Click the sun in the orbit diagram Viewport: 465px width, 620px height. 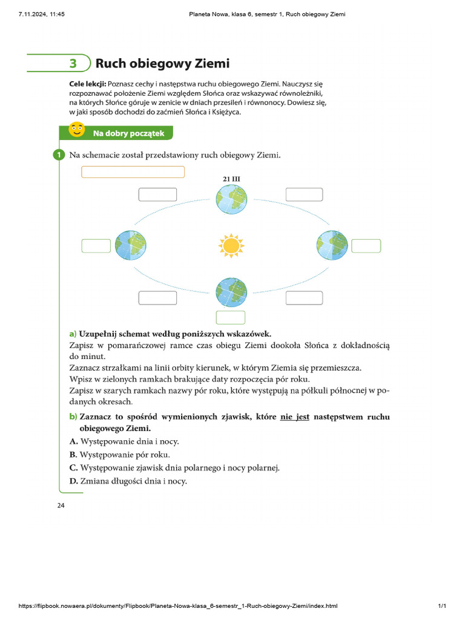(231, 245)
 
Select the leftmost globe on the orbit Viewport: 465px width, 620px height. (131, 245)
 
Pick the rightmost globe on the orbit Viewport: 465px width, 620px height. (332, 245)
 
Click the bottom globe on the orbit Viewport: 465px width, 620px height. (231, 292)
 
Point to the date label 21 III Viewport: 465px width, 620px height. (232, 179)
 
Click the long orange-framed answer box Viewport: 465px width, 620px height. (133, 172)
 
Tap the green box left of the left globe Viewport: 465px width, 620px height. (96, 246)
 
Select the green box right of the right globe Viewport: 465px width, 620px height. (366, 246)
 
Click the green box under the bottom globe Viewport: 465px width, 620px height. (231, 318)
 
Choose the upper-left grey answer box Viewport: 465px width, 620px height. (157, 194)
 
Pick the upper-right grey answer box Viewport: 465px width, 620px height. (305, 194)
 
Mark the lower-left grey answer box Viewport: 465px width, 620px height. (157, 298)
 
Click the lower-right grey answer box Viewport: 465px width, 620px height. (305, 298)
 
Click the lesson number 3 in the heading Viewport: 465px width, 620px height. (73, 64)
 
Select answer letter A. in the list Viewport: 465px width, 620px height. (74, 441)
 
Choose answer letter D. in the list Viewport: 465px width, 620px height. (74, 481)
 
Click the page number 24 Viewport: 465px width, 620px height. (61, 506)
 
